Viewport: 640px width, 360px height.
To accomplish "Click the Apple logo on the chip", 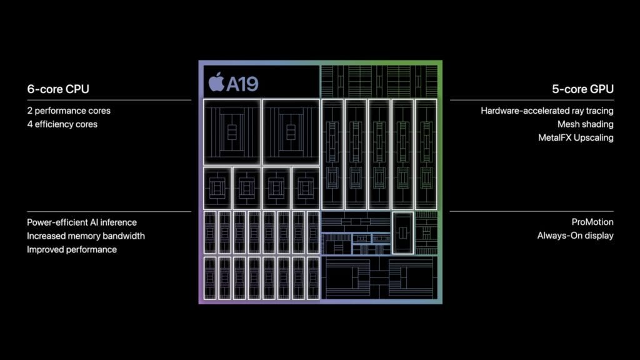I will coord(216,82).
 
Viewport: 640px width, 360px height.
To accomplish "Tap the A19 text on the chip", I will coord(242,83).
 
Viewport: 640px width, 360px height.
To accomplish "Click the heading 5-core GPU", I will coord(582,89).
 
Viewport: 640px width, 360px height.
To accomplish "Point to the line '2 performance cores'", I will coord(69,111).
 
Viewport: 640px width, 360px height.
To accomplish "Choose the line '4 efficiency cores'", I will coord(62,124).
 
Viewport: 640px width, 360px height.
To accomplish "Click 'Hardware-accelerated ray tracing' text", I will coord(547,111).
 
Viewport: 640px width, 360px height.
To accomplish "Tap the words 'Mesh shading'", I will coord(585,124).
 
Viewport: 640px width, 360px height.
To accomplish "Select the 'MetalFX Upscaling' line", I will coord(576,137).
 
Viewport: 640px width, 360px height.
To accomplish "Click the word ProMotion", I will coord(592,222).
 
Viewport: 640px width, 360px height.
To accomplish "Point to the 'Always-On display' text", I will coord(575,236).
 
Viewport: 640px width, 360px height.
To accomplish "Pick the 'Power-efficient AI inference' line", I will coord(82,222).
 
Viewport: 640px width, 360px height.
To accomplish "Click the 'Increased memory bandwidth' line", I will coord(86,236).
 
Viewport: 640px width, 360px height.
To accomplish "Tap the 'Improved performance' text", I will coord(72,249).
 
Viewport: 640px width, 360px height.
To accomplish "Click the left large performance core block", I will coord(232,131).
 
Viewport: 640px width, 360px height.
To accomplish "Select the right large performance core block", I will coord(290,131).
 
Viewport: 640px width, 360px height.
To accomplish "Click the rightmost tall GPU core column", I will coord(426,154).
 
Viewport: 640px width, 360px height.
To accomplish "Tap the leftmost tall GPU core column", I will coord(332,154).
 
